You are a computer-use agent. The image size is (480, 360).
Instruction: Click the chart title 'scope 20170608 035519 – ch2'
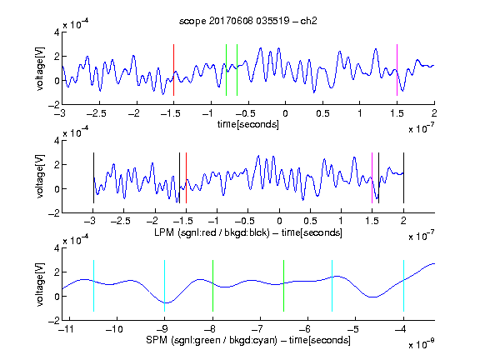(x=248, y=21)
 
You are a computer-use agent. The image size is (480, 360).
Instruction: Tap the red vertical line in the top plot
(x=173, y=70)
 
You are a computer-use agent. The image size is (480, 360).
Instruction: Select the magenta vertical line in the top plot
(x=397, y=70)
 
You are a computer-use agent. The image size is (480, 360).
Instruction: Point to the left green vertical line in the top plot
(x=226, y=70)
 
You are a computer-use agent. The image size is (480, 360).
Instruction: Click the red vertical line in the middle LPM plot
(x=186, y=177)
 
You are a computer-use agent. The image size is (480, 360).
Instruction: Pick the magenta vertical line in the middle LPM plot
(x=372, y=177)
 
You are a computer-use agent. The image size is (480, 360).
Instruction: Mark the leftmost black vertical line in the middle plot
(x=93, y=177)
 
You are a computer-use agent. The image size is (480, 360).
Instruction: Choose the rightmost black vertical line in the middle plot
(x=403, y=177)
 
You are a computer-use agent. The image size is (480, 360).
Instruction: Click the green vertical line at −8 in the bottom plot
(x=212, y=286)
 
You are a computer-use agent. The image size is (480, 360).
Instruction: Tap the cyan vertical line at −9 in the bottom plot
(x=165, y=286)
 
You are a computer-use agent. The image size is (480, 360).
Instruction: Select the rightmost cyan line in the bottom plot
(x=403, y=286)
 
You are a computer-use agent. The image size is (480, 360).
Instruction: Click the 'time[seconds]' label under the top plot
(x=248, y=124)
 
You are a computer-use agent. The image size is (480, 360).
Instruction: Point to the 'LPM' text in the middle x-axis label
(x=164, y=232)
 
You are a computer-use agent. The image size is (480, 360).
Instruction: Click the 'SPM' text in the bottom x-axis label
(x=157, y=340)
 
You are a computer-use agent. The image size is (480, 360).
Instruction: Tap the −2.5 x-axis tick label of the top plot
(x=97, y=113)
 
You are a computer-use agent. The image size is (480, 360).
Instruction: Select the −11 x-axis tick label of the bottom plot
(x=66, y=329)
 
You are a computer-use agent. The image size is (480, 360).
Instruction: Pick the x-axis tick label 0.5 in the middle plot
(x=310, y=221)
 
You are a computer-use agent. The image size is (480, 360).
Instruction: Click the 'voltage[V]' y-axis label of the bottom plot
(x=40, y=284)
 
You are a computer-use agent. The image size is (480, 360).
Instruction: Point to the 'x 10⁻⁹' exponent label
(x=422, y=343)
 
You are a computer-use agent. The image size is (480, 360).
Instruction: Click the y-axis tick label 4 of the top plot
(x=57, y=32)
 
